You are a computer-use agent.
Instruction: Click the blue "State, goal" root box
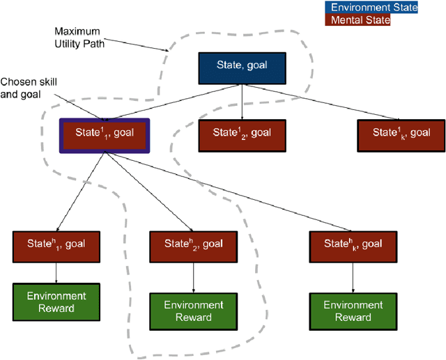[x=242, y=67]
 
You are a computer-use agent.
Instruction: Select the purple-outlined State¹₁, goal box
[x=104, y=132]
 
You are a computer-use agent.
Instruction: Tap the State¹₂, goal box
[x=242, y=132]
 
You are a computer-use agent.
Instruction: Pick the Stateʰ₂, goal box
[x=193, y=243]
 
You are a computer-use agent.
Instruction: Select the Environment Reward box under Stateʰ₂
[x=193, y=311]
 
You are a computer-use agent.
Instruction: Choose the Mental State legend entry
[x=360, y=20]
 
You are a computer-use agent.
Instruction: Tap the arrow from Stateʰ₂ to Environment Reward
[x=193, y=275]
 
